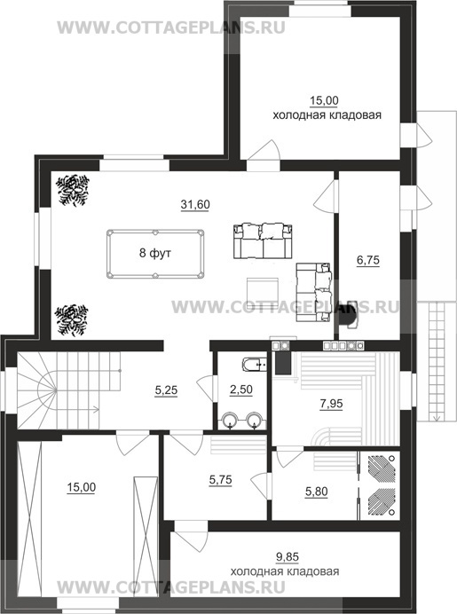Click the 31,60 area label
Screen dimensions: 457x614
point(195,204)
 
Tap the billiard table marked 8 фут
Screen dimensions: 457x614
point(155,254)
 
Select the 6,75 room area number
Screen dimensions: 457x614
point(368,260)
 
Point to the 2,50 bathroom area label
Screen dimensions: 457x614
point(240,390)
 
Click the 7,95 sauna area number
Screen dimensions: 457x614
point(331,404)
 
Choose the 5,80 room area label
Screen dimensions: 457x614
point(317,492)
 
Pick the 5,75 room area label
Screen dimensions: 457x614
point(220,480)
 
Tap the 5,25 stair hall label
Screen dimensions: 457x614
point(166,390)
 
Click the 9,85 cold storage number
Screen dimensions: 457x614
point(288,556)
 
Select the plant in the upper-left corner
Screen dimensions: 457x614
point(73,190)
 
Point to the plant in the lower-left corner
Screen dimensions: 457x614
point(72,320)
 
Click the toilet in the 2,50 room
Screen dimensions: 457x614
point(255,365)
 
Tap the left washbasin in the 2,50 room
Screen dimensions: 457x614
point(230,421)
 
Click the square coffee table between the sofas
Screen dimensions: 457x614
point(263,290)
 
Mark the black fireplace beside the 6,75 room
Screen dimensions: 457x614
point(347,314)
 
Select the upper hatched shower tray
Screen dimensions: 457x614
point(378,467)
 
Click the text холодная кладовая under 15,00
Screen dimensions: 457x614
point(327,115)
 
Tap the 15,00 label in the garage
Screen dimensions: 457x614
point(81,487)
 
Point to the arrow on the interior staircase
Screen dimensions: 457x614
point(77,410)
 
